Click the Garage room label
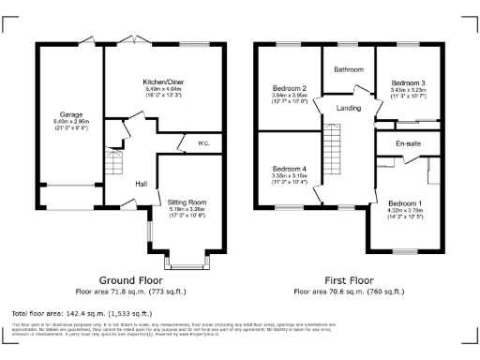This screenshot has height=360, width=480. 66,115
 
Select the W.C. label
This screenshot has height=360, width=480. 203,143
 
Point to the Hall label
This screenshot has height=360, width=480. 142,184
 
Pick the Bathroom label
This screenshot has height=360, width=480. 349,69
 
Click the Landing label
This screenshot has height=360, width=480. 349,109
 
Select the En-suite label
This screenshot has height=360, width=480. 407,142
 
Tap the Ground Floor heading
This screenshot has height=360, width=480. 130,280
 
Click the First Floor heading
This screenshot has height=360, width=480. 349,280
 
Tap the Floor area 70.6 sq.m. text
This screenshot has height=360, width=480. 349,292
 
